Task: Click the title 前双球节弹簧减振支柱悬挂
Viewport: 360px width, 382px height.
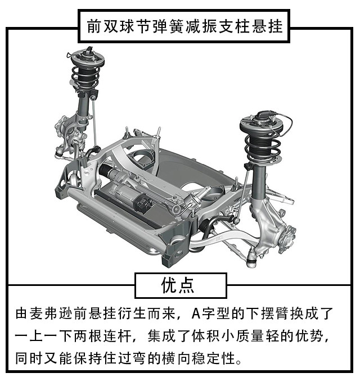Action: pos(184,26)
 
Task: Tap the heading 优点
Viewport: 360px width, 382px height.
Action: pos(178,285)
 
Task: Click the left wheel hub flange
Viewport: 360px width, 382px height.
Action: pos(61,127)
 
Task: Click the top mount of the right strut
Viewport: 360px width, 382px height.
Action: pos(262,123)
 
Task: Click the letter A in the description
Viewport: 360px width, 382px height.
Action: pos(196,313)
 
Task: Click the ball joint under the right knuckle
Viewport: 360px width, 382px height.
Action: pos(251,260)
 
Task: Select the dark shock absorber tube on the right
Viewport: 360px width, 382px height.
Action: pos(259,181)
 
